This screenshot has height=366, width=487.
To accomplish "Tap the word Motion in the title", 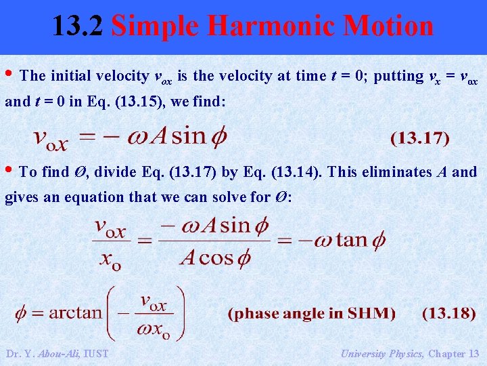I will [388, 26].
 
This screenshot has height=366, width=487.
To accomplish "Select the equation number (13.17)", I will [419, 138].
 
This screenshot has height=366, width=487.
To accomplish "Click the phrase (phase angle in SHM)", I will [312, 313].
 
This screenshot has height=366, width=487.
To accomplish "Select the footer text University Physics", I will [381, 353].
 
